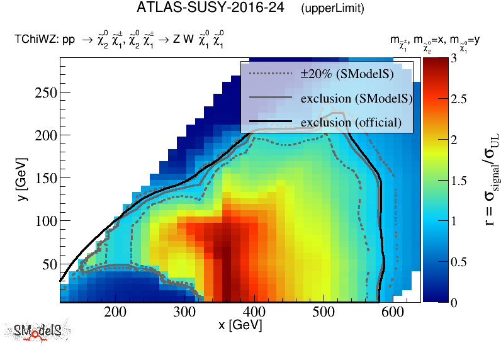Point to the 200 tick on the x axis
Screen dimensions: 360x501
pyautogui.click(x=115, y=312)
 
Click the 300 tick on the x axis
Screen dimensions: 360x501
pyautogui.click(x=184, y=312)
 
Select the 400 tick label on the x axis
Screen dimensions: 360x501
pyautogui.click(x=254, y=312)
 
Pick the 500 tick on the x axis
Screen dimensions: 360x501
pyautogui.click(x=323, y=312)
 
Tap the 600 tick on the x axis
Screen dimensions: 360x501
pyautogui.click(x=391, y=312)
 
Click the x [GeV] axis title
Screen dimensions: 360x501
pyautogui.click(x=240, y=325)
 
